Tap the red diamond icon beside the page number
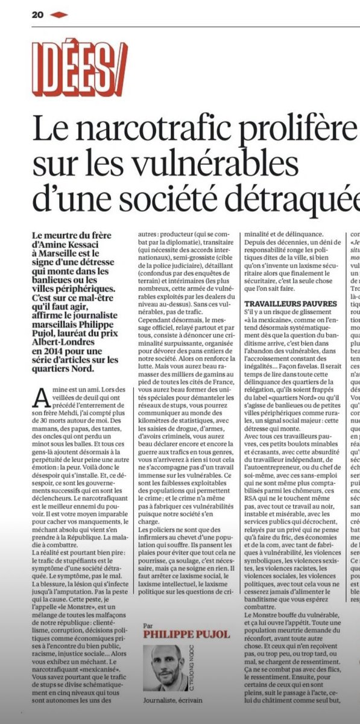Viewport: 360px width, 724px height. pyautogui.click(x=58, y=14)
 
